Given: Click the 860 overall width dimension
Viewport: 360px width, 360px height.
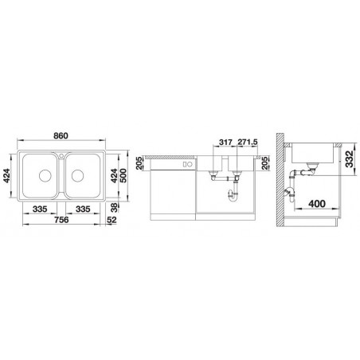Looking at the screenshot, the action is click(x=61, y=135).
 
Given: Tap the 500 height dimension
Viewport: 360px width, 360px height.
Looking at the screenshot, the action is click(x=123, y=175).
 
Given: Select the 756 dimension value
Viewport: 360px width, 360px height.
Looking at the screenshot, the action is click(x=61, y=220).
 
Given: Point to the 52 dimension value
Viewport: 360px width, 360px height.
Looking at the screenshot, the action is click(x=112, y=220).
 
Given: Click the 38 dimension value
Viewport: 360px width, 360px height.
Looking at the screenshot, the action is click(x=114, y=207).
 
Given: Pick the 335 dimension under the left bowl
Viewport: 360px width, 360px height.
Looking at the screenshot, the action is click(x=40, y=209).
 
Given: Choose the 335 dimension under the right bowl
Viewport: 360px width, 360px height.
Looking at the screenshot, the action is click(x=83, y=209).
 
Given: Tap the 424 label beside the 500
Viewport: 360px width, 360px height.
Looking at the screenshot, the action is click(x=114, y=175).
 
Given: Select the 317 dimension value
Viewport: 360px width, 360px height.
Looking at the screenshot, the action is click(x=225, y=142).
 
